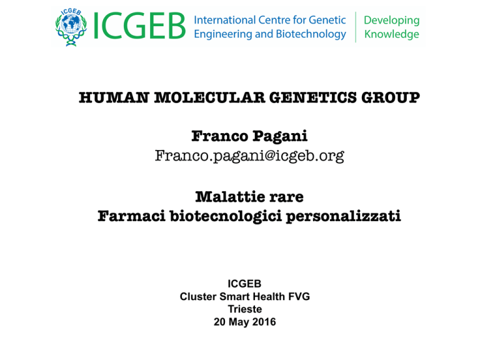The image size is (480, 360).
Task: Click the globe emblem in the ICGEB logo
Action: pos(71,27)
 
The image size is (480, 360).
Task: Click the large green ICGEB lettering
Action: pos(139,26)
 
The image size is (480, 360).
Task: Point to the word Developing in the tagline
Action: pos(391,21)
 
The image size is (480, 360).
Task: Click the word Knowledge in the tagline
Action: pos(391,34)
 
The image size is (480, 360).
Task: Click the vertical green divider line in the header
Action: pos(356,27)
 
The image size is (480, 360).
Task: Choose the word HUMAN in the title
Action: pos(114,97)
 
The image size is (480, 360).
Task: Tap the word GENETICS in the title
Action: pos(313,97)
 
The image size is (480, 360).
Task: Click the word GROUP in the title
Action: pos(391,97)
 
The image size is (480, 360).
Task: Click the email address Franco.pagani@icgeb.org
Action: pos(249,156)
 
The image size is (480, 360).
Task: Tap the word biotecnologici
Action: pos(226,216)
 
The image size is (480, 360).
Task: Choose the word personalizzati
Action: pos(343,216)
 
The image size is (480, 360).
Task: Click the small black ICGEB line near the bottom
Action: pos(244,284)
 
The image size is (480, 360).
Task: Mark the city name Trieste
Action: pos(245,309)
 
